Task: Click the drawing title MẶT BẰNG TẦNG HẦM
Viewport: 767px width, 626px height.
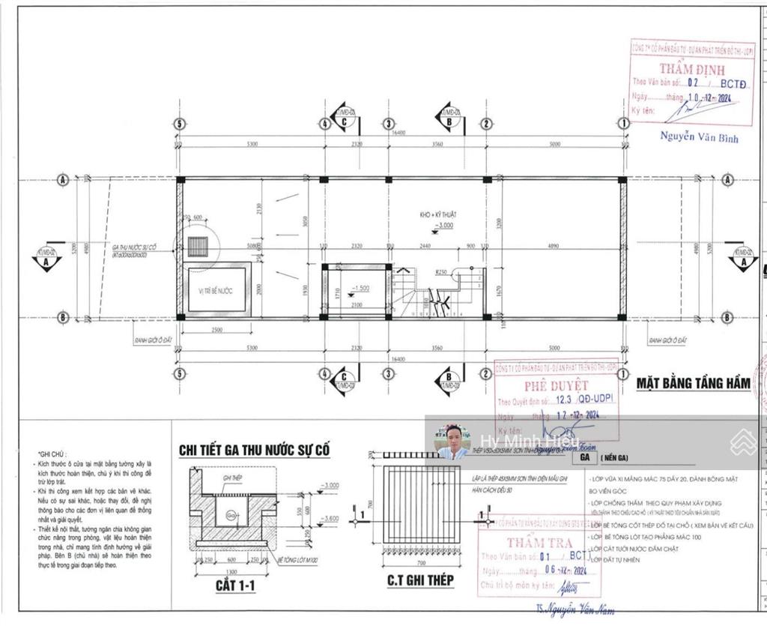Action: (693, 383)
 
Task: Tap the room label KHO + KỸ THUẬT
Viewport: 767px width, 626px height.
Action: (438, 214)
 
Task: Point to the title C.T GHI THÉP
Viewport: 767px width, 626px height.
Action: (420, 580)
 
